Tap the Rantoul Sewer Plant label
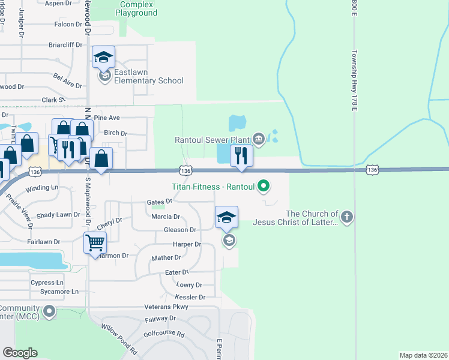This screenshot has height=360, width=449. point(212,140)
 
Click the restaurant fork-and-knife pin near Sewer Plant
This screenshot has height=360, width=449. point(241,156)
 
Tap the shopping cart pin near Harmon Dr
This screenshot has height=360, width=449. point(95,243)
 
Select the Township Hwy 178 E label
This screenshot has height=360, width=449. point(355,80)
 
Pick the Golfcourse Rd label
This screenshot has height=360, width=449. point(164,334)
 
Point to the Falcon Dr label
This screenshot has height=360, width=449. point(68,24)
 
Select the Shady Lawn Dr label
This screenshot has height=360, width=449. point(58,215)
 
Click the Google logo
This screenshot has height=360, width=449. point(20,353)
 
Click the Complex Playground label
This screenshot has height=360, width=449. point(136,8)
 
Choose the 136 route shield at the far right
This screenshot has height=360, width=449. point(373,170)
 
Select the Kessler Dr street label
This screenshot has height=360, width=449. point(190,297)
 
